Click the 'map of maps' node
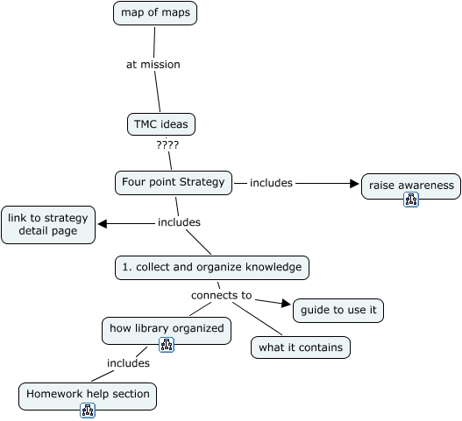click(155, 13)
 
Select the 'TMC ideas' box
click(160, 124)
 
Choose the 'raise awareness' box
click(410, 185)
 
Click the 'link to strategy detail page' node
click(48, 224)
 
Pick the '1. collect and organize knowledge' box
click(212, 266)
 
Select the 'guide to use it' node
click(338, 310)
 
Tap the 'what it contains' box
click(301, 347)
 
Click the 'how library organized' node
click(167, 328)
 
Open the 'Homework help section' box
click(88, 394)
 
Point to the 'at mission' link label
click(153, 64)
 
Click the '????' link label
click(167, 144)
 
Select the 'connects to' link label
click(221, 295)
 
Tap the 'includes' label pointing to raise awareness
click(271, 183)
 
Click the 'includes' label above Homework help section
click(128, 362)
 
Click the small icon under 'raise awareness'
click(410, 200)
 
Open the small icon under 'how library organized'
click(167, 345)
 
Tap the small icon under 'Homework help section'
click(88, 410)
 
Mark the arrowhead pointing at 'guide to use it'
click(286, 304)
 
